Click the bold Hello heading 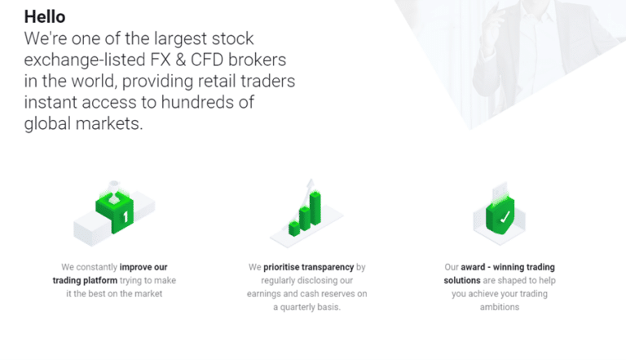tap(46, 16)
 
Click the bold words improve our tap(143, 267)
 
